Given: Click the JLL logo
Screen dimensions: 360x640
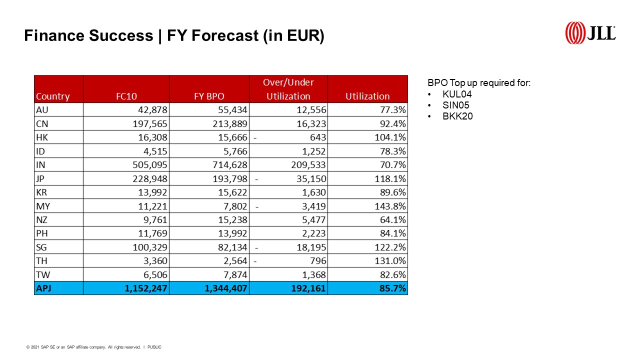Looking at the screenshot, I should pos(590,33).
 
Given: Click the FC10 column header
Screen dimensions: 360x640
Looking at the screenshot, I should pos(126,96).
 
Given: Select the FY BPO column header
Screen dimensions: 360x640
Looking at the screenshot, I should pos(209,96).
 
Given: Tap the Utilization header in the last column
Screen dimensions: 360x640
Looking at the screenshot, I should pos(367,96).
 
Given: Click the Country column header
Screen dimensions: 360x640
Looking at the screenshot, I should pos(53,96).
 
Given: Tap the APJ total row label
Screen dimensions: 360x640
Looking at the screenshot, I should pos(44,288).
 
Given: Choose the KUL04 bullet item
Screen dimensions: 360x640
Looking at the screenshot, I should pos(457,94).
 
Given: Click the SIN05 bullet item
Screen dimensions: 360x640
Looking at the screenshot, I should pos(456,105).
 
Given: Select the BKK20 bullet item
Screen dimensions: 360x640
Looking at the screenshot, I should pos(457,116).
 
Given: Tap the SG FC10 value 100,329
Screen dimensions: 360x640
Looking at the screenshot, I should pos(147,247).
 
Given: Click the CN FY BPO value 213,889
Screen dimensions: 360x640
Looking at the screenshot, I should pos(227,123).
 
